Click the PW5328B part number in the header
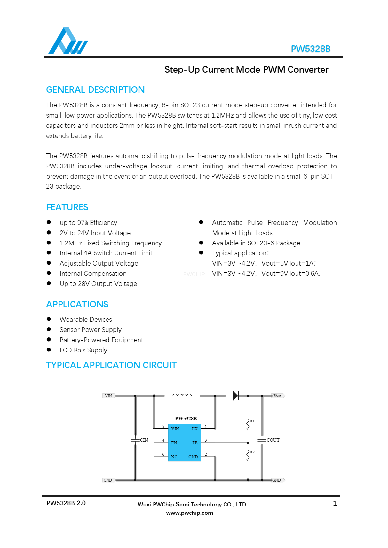pos(310,49)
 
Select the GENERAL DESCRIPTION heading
pos(95,90)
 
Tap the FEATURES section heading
pos(67,207)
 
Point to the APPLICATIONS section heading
pos(77,305)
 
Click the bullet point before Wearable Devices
pos(49,319)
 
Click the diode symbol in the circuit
pos(236,396)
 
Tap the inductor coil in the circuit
pos(182,395)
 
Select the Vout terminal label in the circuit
pos(277,396)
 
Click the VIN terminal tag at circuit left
pos(108,396)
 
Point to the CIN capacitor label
pos(144,440)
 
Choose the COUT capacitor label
pos(273,440)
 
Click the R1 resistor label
pos(252,421)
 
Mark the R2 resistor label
pos(252,452)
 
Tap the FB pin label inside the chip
pos(195,443)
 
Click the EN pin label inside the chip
pos(174,443)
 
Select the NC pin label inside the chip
pos(174,457)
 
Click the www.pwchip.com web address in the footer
pos(189,513)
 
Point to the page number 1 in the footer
pos(335,503)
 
